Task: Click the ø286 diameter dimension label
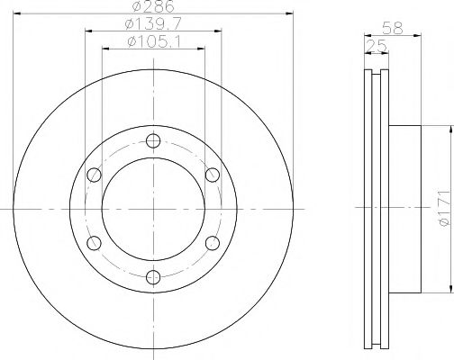point(153,6)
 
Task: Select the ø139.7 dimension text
point(153,24)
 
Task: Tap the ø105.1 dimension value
point(154,41)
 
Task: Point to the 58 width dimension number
point(392,29)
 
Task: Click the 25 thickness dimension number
point(377,46)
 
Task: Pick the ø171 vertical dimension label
point(444,208)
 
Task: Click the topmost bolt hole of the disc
point(153,140)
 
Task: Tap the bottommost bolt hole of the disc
point(153,277)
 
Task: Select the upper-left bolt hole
point(94,175)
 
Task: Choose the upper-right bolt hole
point(213,175)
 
